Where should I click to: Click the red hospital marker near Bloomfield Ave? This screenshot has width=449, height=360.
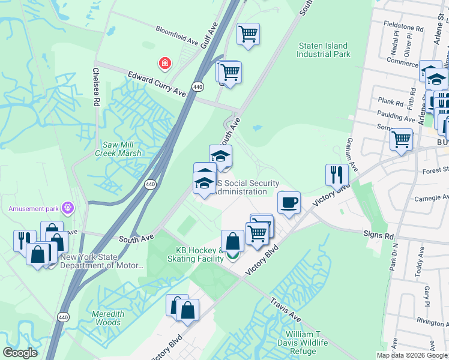tap(163, 63)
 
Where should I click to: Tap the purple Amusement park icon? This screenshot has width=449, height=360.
tap(68, 208)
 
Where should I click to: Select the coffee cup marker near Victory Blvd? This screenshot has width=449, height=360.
tap(289, 202)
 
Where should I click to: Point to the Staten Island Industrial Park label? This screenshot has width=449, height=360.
tap(323, 50)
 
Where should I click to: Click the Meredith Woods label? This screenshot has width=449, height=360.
tap(108, 318)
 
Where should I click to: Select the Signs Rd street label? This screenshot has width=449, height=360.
tap(378, 236)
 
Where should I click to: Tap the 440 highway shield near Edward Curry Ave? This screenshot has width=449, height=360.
tap(197, 87)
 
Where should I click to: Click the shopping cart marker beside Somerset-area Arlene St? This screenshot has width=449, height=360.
tap(401, 140)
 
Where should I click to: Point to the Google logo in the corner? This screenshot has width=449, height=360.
tap(20, 353)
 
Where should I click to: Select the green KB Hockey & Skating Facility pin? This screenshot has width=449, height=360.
tap(232, 257)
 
